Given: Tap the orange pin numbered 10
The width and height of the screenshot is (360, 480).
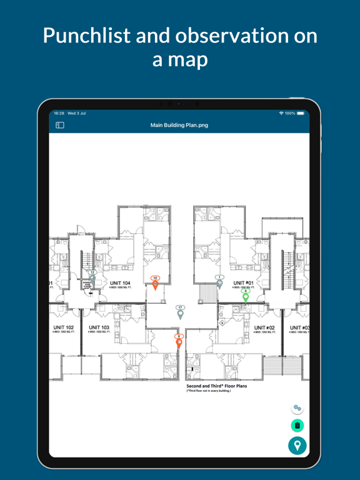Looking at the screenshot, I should [156, 284].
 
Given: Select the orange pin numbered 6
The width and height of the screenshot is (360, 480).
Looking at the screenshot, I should [179, 342].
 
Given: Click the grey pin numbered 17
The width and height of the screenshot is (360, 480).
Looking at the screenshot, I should [180, 314].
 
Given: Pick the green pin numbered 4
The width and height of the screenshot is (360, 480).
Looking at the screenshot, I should [246, 297].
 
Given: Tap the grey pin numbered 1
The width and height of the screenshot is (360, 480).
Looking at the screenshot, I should [219, 283].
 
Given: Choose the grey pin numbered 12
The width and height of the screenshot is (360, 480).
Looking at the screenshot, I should [92, 279].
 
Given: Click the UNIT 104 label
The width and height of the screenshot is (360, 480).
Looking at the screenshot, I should [120, 284].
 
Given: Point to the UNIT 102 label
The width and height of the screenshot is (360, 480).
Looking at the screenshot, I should [63, 327].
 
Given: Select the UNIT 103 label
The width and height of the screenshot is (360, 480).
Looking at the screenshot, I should [99, 327].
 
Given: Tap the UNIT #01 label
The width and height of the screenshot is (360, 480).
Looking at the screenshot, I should [243, 283].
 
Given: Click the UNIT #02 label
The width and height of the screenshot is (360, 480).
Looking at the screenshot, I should [264, 327].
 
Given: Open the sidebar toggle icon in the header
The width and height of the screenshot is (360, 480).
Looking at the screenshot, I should [60, 125].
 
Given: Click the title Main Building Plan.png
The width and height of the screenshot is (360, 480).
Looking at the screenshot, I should [179, 125].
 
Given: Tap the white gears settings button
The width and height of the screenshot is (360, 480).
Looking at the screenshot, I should [297, 408].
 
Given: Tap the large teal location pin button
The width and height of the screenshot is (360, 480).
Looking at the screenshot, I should [297, 445].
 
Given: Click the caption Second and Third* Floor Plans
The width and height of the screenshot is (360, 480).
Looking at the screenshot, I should [216, 386].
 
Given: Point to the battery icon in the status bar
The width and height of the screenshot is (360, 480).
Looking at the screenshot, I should [301, 113].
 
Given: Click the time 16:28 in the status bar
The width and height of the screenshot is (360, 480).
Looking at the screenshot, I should [59, 113].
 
